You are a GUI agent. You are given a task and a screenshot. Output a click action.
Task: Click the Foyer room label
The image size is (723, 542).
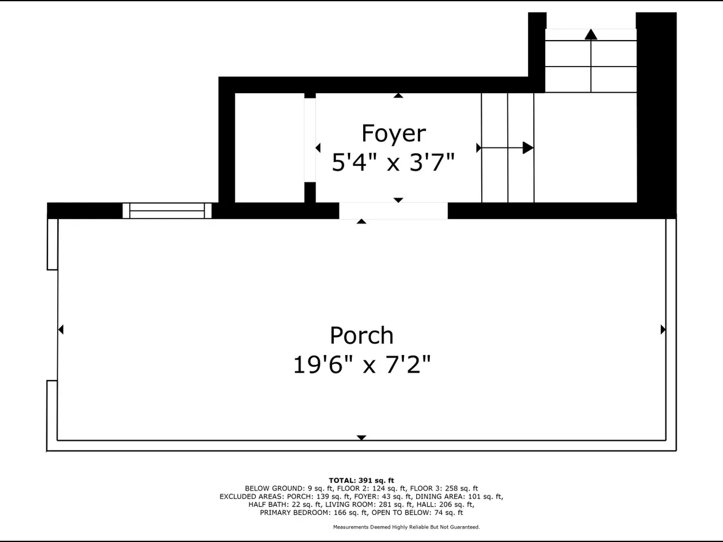point(394,133)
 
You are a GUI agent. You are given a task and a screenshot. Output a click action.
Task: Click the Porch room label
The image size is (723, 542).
point(361,335)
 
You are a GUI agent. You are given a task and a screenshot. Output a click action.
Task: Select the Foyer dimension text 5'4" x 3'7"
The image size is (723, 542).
point(393,162)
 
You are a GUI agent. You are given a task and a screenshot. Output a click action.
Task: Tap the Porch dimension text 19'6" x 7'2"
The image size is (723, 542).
point(361,365)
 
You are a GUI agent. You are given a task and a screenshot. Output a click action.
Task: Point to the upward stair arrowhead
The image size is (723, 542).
point(591,34)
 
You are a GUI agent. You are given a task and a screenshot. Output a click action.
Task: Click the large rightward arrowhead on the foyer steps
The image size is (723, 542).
point(528,148)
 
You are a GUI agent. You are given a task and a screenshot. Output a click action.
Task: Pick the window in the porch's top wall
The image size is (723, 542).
point(167,211)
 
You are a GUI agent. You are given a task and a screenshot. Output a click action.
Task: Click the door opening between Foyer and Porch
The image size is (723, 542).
point(393,211)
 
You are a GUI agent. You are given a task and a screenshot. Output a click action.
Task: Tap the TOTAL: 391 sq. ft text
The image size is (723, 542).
point(361,480)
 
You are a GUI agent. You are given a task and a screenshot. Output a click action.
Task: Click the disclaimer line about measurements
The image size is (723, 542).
point(407,527)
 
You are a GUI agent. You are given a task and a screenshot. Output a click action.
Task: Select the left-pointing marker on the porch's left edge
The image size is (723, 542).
point(61,329)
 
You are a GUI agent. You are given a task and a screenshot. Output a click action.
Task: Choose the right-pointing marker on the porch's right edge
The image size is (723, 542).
point(663,329)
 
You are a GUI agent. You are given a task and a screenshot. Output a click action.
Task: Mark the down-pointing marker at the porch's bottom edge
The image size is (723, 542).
point(361,438)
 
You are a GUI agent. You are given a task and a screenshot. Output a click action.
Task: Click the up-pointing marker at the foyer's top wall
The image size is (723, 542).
point(398,95)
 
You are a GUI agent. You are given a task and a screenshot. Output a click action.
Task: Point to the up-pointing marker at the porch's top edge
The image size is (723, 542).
point(361,221)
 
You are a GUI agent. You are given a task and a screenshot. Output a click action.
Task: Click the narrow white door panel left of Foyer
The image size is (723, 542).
point(310,140)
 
